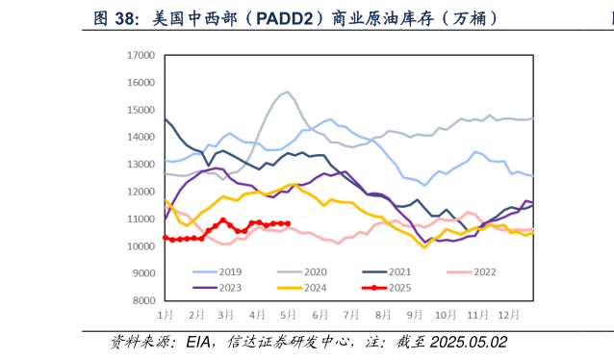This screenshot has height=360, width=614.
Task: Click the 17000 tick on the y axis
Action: click(141, 56)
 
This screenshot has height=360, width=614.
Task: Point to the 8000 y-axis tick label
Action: click(143, 301)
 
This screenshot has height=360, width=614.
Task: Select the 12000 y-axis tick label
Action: click(141, 192)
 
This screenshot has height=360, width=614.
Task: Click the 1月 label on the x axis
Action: click(166, 315)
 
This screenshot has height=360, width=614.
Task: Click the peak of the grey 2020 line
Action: click(287, 92)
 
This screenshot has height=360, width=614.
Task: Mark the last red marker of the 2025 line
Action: click(288, 223)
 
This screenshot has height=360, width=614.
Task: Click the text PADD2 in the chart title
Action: click(281, 18)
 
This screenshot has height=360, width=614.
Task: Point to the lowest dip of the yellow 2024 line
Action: click(424, 246)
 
